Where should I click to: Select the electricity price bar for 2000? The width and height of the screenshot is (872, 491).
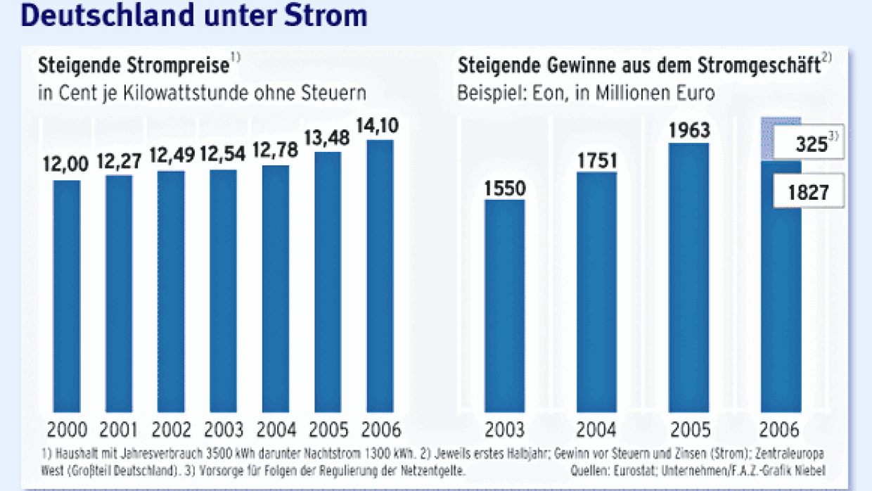tap(67, 295)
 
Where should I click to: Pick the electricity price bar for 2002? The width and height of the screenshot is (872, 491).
tap(171, 291)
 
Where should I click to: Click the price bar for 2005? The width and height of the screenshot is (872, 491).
tap(328, 281)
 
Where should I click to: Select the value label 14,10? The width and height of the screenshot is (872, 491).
tap(379, 127)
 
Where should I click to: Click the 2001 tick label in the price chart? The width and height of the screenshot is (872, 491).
tap(120, 429)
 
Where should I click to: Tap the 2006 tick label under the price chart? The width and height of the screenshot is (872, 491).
tap(380, 429)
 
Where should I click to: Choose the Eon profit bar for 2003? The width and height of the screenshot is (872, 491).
tap(504, 306)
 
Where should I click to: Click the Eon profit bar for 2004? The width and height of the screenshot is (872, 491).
tap(597, 292)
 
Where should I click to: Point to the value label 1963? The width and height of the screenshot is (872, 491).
tap(689, 131)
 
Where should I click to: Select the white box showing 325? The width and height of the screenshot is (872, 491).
tap(807, 144)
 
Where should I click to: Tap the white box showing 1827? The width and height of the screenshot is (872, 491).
tap(808, 191)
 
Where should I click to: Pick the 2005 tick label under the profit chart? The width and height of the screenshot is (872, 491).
tap(690, 429)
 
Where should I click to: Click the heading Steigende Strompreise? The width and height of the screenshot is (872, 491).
tap(134, 66)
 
